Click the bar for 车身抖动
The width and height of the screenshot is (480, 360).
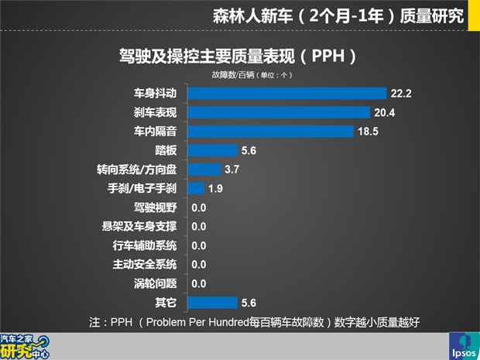coord(287,93)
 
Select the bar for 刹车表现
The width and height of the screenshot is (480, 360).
coord(279,112)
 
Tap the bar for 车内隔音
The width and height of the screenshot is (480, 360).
coord(271,131)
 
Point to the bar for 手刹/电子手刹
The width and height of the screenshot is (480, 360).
coord(196,188)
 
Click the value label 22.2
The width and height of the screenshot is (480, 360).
coord(400,94)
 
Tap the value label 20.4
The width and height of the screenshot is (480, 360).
coord(385,112)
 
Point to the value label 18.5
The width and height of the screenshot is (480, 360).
coord(368,132)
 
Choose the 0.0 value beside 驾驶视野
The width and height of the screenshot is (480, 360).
coord(199,207)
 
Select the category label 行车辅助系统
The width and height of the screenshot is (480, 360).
coord(145,245)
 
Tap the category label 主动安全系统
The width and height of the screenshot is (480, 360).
coord(145,264)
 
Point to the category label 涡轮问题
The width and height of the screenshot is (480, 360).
coord(155,283)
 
